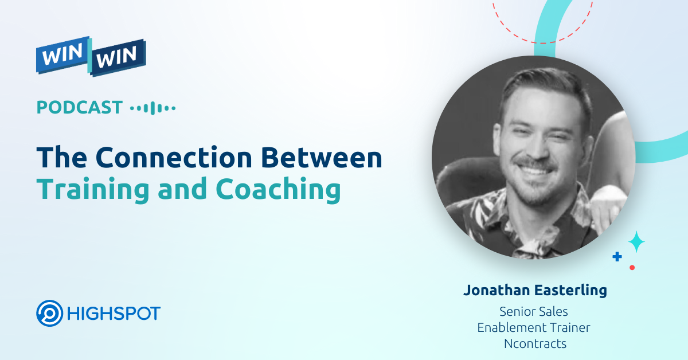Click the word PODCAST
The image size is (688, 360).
[80, 107]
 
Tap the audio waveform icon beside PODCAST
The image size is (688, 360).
[153, 108]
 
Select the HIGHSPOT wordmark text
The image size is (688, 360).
[113, 314]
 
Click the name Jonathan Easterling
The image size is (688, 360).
[535, 291]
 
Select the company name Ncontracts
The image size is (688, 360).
[534, 343]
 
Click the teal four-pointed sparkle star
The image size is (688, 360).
[636, 242]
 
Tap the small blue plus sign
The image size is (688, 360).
[617, 257]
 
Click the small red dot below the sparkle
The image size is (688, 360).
[632, 267]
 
